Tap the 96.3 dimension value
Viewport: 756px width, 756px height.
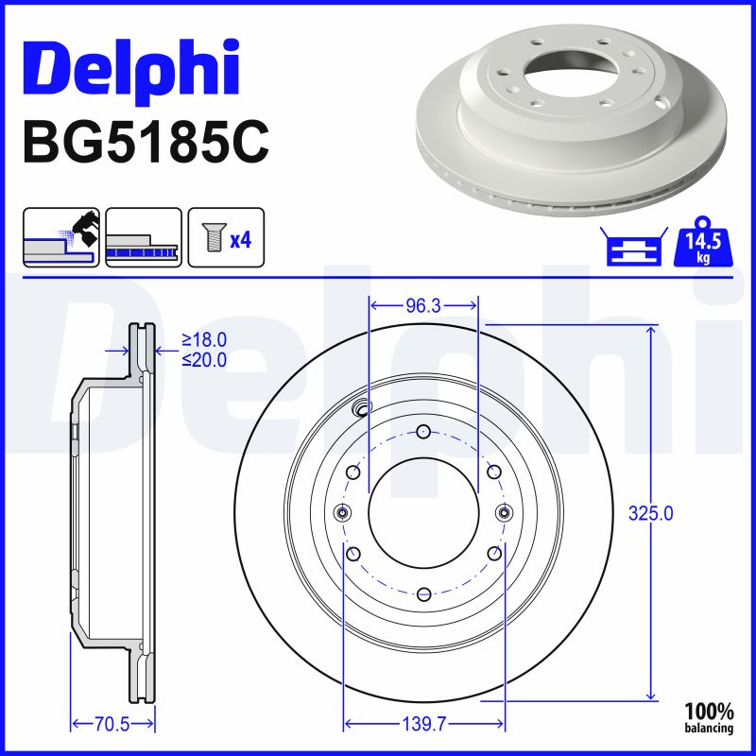click(424, 306)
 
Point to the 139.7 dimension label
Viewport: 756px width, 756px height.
click(424, 724)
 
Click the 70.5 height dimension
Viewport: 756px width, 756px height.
click(112, 724)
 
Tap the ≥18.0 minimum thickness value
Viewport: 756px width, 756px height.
click(205, 340)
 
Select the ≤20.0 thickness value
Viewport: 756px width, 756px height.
click(205, 359)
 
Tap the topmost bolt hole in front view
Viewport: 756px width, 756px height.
click(423, 432)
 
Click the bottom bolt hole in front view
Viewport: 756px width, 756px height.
click(423, 593)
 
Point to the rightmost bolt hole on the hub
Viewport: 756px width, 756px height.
click(504, 512)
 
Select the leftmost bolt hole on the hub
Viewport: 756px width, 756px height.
click(343, 512)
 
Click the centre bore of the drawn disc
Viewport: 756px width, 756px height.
click(423, 512)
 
